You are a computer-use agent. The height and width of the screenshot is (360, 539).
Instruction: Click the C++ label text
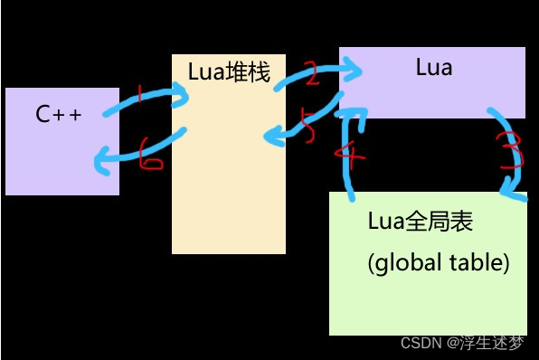[58, 115]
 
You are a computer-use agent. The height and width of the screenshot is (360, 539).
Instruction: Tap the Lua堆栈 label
[229, 72]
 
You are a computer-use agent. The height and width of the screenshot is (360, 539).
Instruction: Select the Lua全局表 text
[421, 222]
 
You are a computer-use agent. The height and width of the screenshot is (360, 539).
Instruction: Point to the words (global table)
[439, 264]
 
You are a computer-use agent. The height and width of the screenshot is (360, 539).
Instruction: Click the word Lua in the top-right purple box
[433, 67]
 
